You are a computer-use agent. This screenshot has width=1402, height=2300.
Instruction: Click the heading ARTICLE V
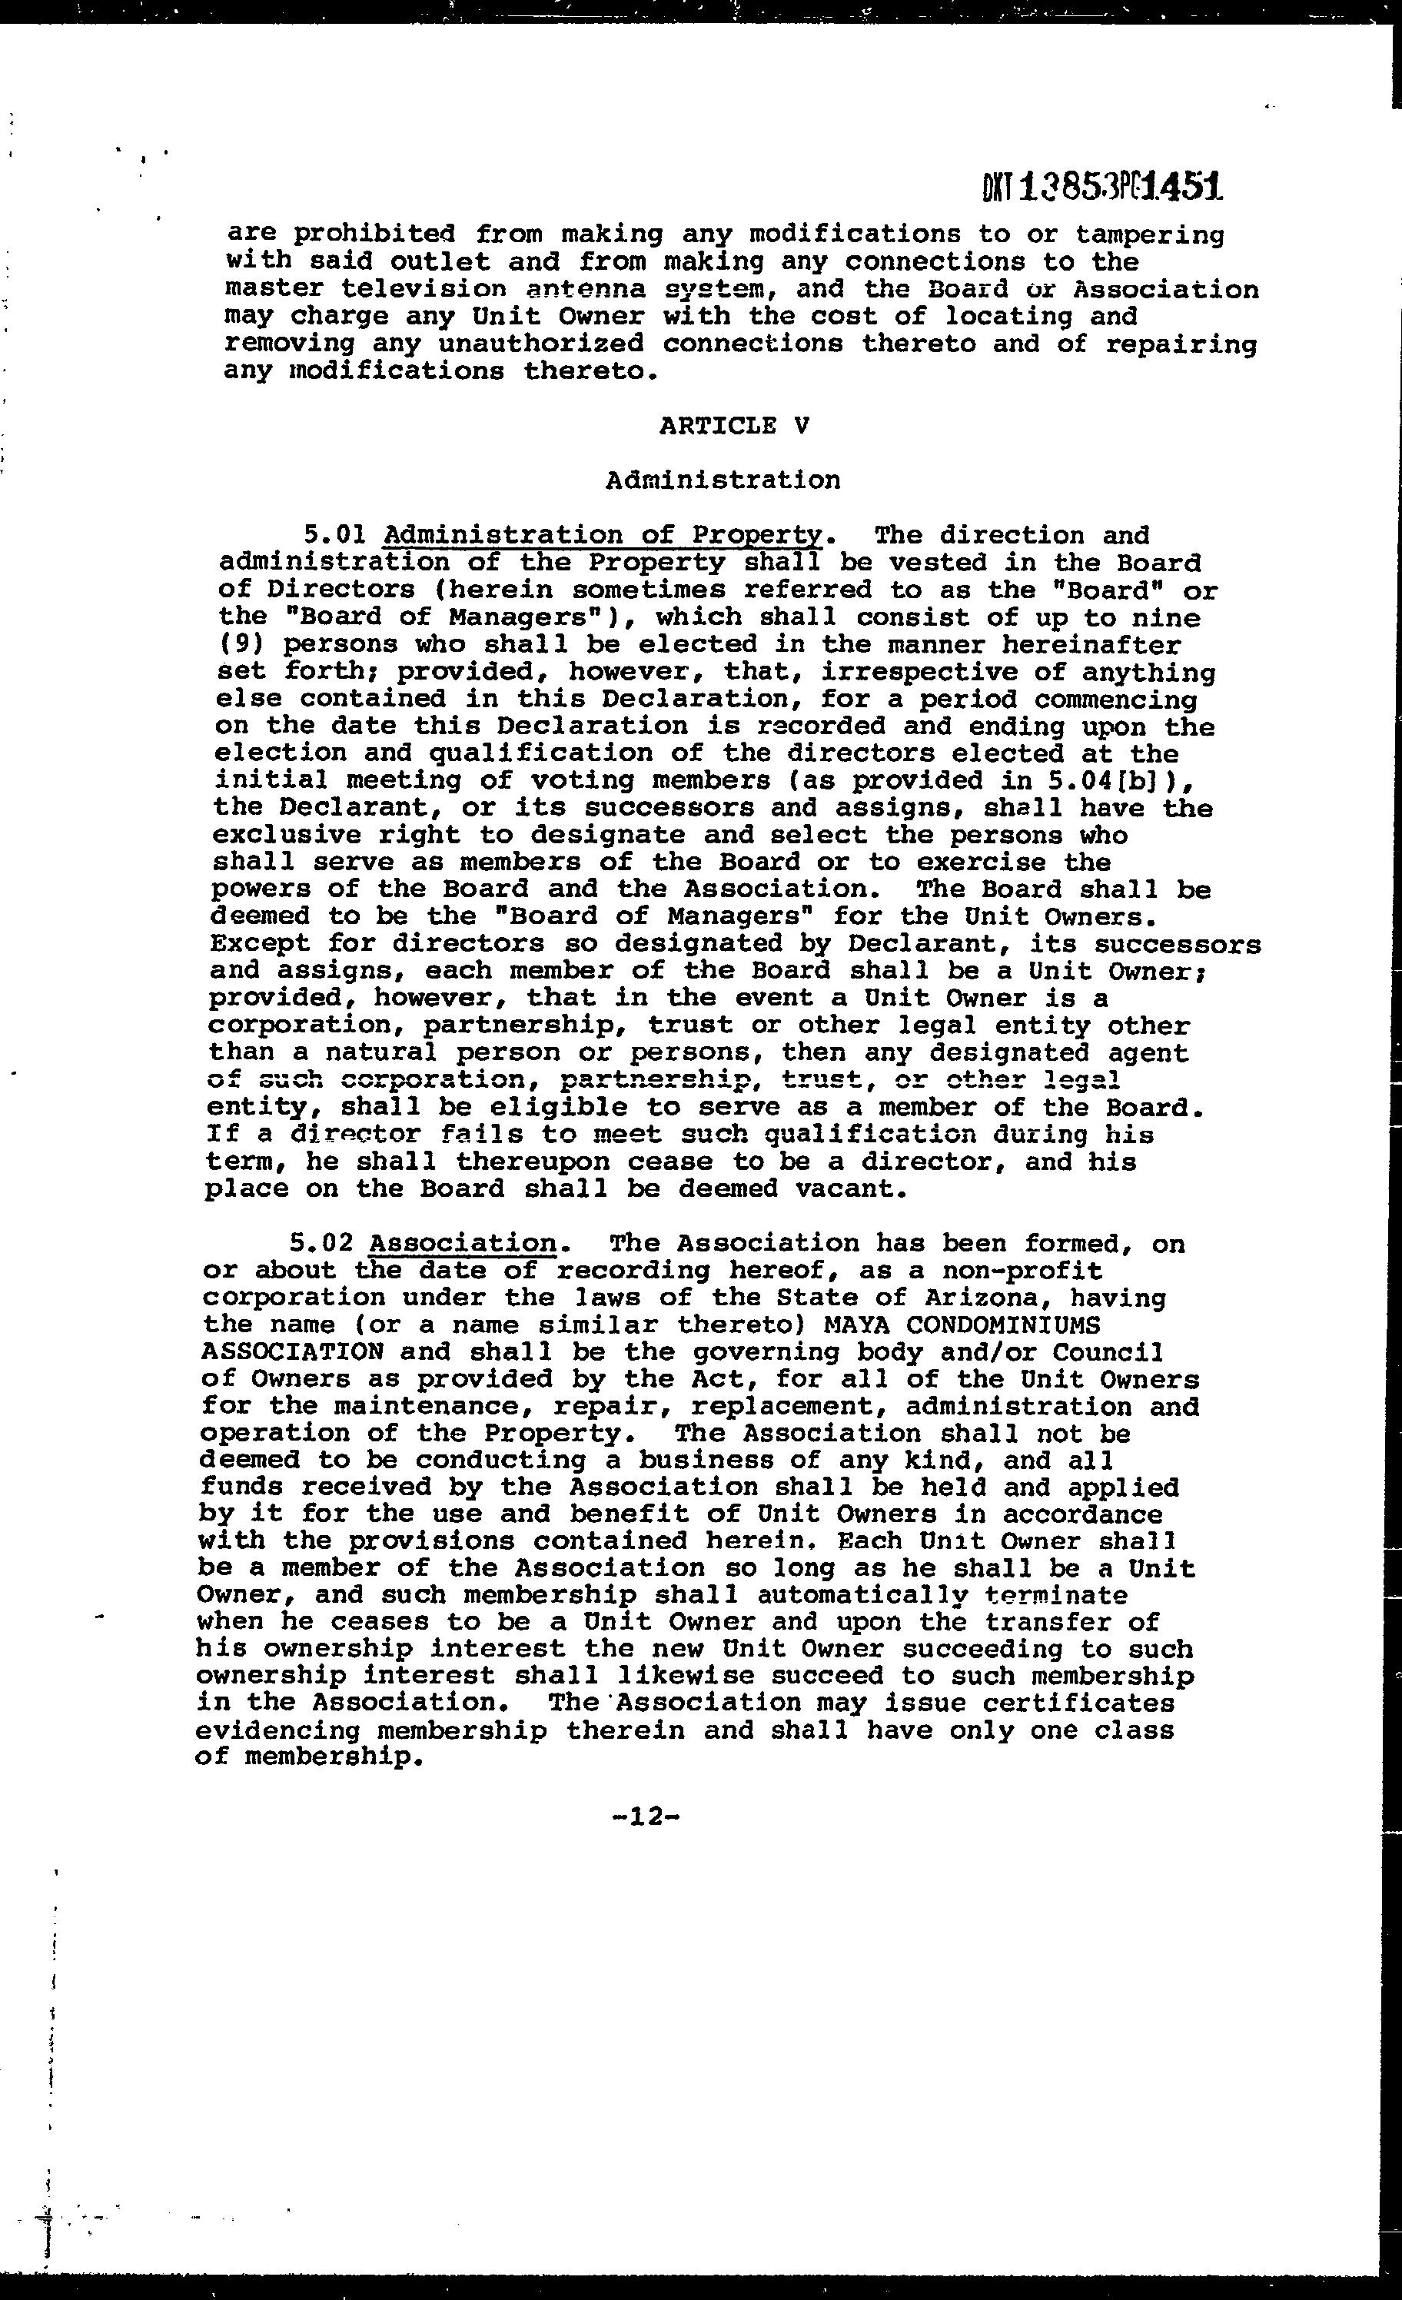click(x=734, y=426)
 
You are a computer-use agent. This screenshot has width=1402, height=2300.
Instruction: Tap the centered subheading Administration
click(x=723, y=480)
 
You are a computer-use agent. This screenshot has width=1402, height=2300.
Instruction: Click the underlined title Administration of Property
click(x=603, y=536)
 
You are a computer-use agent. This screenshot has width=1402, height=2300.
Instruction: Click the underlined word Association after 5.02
click(x=463, y=1243)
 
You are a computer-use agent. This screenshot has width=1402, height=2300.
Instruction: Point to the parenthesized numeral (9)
click(x=239, y=644)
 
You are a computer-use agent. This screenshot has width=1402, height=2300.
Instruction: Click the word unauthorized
click(x=540, y=344)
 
